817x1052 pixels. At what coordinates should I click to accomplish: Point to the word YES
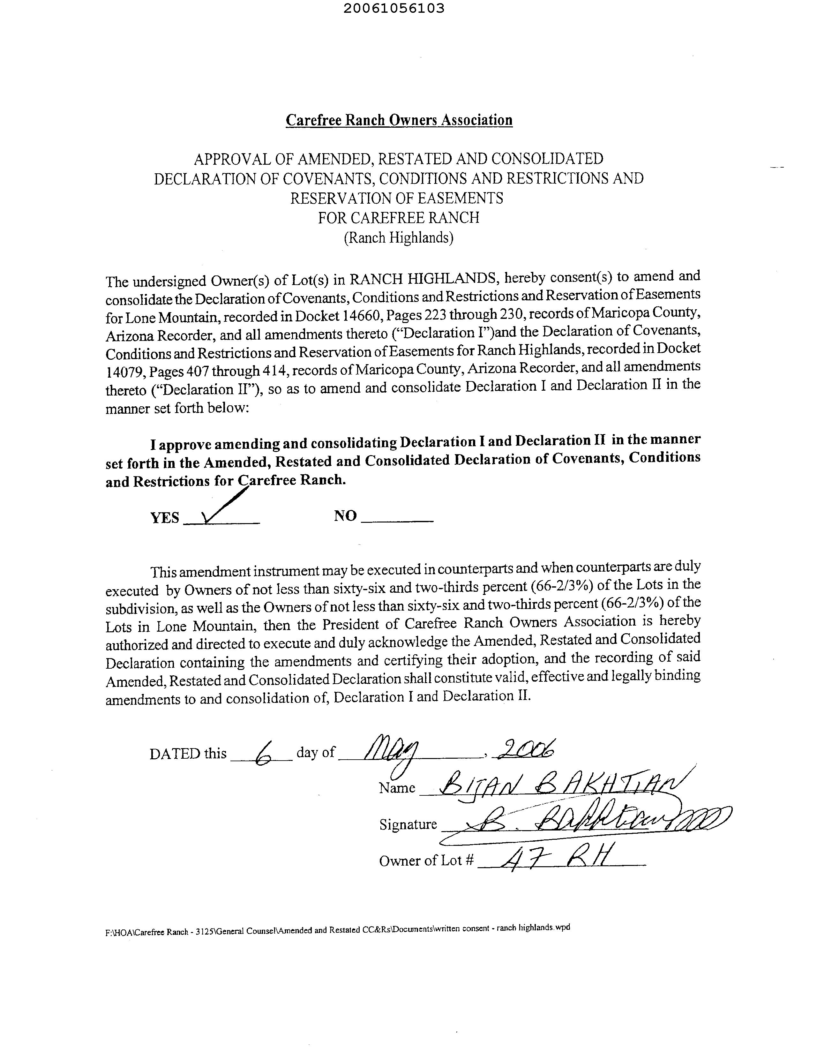tap(165, 518)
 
